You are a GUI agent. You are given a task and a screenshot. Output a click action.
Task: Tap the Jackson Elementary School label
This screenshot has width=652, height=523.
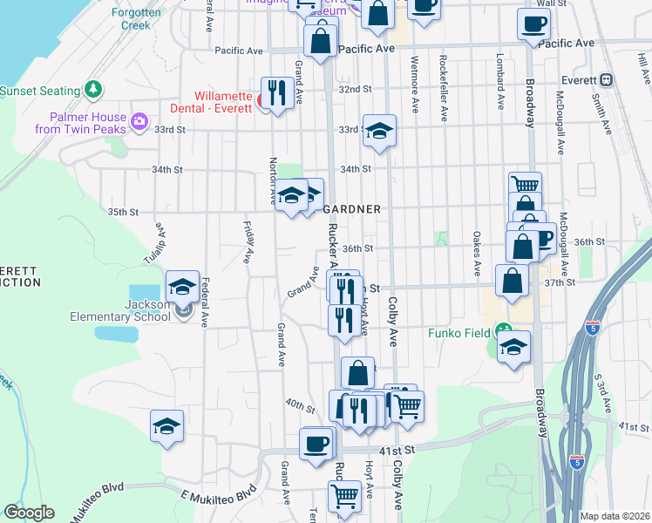pyautogui.click(x=134, y=311)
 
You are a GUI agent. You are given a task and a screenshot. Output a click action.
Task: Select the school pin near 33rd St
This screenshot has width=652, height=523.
pyautogui.click(x=379, y=132)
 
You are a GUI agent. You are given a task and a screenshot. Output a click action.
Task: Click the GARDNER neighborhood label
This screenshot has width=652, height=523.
pyautogui.click(x=352, y=210)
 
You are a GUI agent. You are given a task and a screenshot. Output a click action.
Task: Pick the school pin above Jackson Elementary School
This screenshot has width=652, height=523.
pyautogui.click(x=183, y=286)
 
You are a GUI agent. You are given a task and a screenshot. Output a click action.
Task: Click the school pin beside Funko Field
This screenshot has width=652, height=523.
pyautogui.click(x=514, y=347)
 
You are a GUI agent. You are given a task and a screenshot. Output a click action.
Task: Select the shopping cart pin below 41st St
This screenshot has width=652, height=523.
pyautogui.click(x=344, y=496)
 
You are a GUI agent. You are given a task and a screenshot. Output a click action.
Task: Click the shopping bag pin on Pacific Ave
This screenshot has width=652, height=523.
pyautogui.click(x=321, y=40)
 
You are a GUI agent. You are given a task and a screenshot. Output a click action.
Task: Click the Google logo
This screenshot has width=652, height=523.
pyautogui.click(x=29, y=513)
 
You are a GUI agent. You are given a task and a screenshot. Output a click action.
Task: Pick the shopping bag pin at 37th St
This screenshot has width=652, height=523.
pyautogui.click(x=512, y=282)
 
